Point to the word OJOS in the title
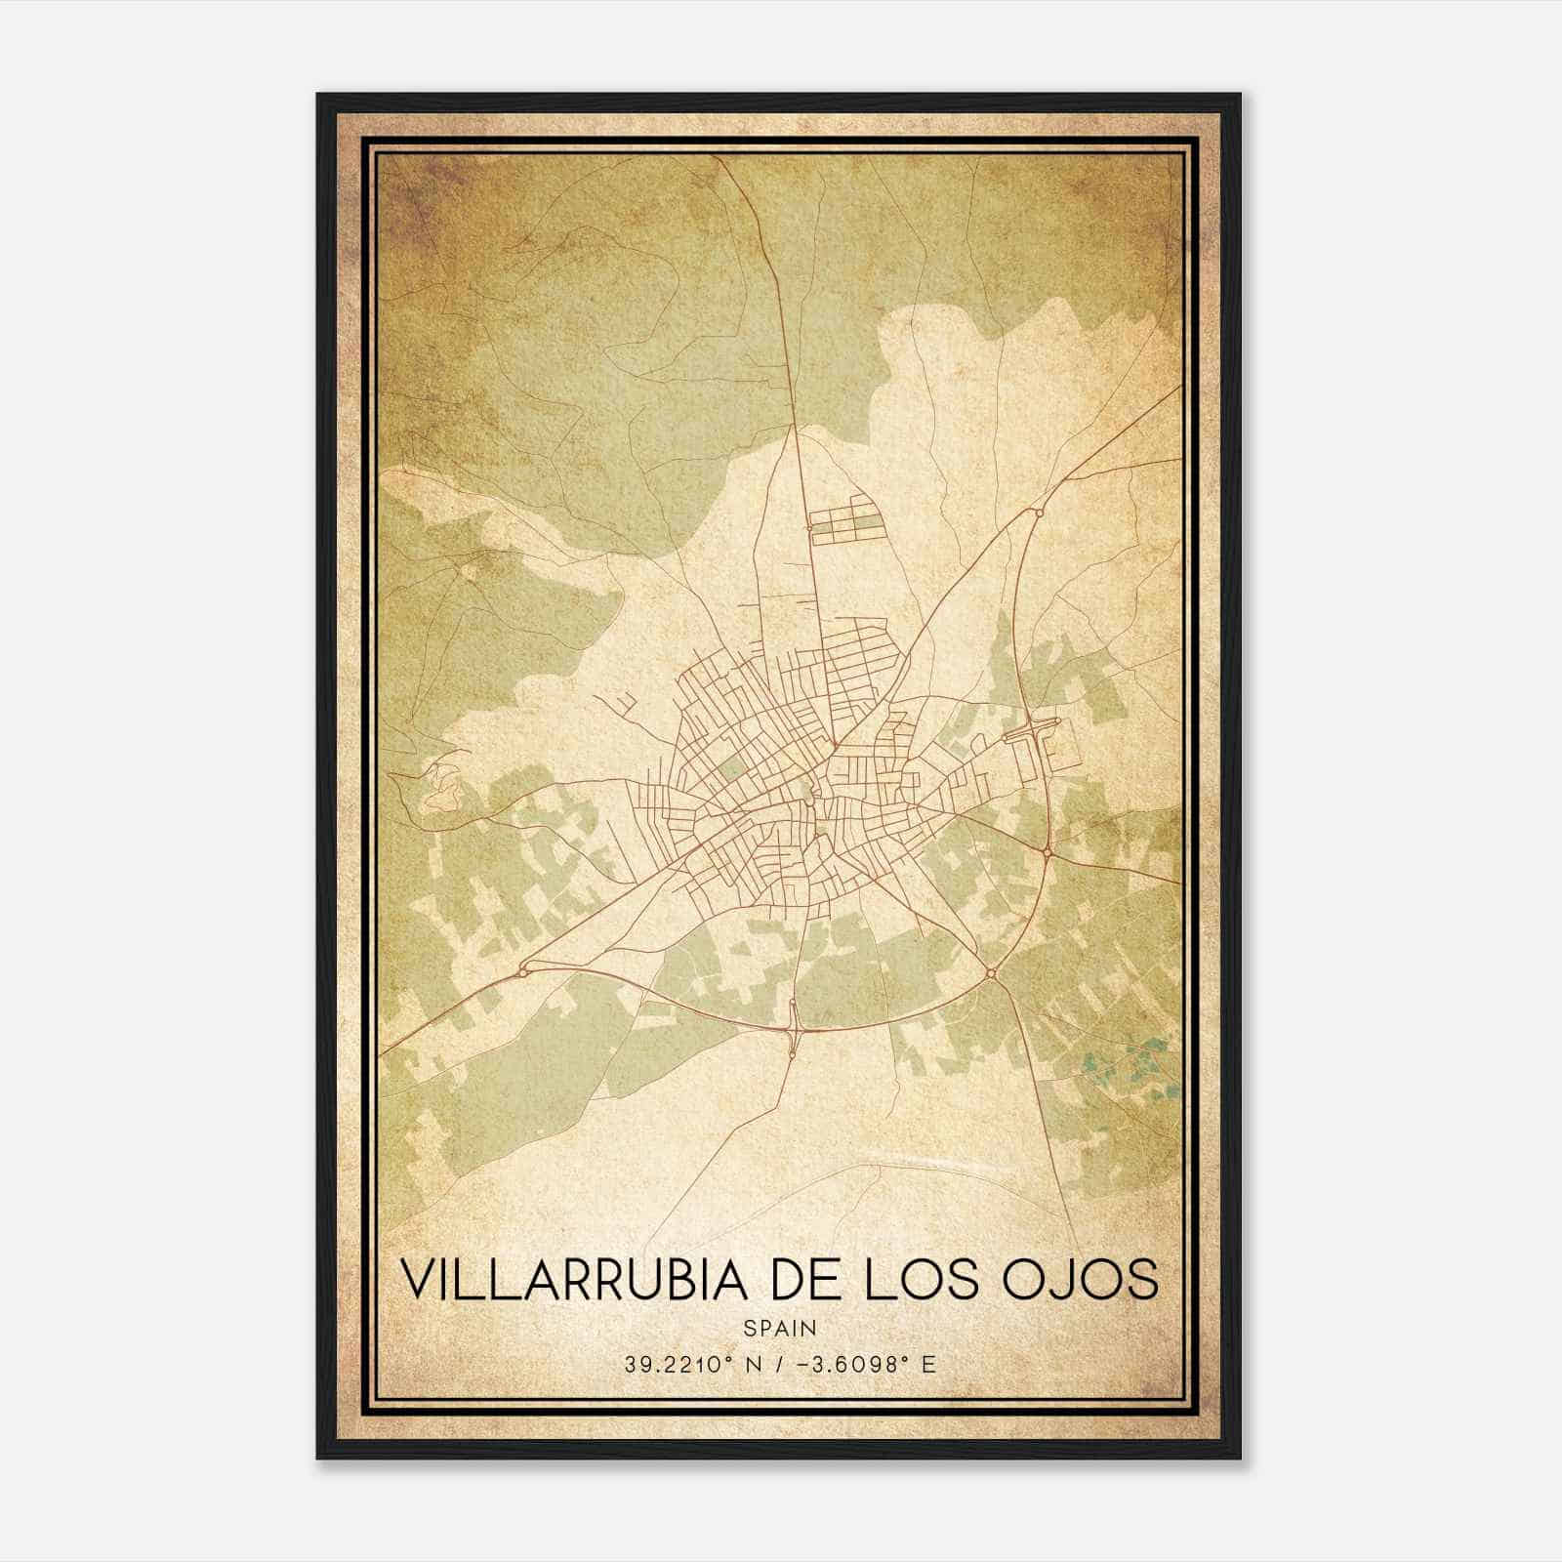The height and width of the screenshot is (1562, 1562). tap(1083, 1279)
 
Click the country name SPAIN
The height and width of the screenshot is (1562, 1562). tap(780, 1329)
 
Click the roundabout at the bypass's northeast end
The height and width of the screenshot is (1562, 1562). tap(1039, 511)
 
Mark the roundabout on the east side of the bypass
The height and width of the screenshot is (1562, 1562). tap(1047, 852)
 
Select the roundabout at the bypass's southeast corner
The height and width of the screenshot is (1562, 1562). tap(990, 972)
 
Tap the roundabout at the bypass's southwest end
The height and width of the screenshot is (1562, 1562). tap(524, 969)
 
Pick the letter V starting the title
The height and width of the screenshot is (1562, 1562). tap(417, 1279)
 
